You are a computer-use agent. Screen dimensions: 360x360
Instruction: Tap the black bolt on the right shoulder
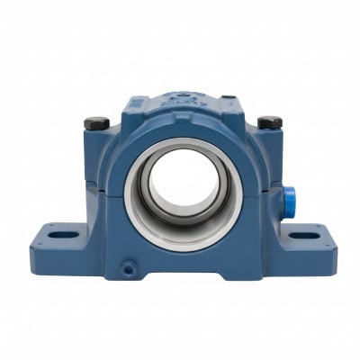pos(268,121)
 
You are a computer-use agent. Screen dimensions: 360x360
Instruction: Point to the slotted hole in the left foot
pos(60,236)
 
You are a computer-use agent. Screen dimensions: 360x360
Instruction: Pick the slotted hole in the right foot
pos(306,235)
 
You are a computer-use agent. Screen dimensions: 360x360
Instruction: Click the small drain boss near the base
pos(130,267)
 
